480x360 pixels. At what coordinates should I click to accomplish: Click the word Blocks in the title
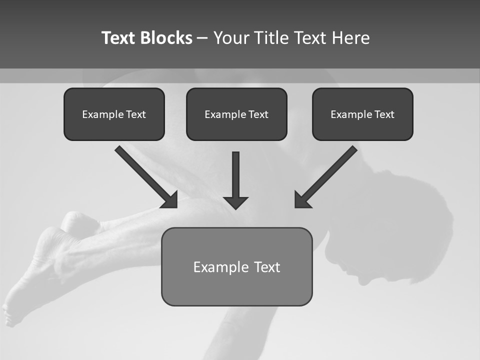(x=166, y=38)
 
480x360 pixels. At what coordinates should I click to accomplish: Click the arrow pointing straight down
(x=235, y=177)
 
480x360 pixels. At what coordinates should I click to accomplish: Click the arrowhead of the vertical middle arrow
(x=235, y=202)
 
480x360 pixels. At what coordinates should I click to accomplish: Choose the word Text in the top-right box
(x=384, y=114)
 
